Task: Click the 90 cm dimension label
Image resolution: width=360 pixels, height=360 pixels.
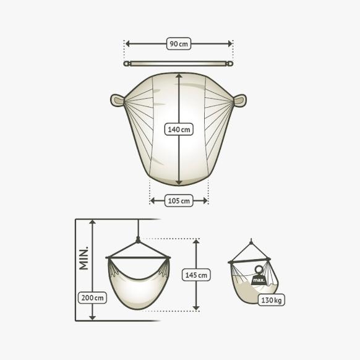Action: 179,44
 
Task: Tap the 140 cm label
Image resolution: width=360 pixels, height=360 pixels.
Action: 179,129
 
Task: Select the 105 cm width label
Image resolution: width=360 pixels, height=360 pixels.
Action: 179,201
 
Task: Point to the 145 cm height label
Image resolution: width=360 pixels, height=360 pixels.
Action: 196,275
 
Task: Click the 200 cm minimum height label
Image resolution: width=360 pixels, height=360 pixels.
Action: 92,298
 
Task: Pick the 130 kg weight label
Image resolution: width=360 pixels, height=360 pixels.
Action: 272,300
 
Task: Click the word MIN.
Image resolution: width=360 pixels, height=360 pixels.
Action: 84,258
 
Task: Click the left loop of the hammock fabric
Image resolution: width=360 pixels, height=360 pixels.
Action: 118,100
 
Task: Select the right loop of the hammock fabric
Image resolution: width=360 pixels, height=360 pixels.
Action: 240,100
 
